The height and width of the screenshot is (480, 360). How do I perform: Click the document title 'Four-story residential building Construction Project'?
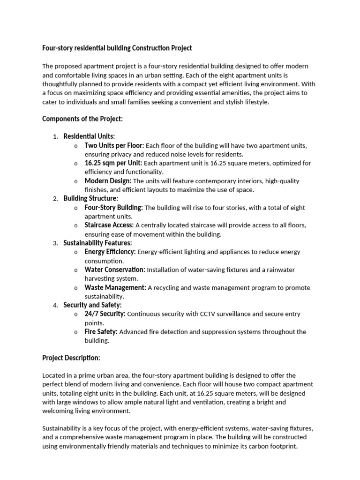117,48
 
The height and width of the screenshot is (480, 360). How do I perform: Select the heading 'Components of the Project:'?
82,119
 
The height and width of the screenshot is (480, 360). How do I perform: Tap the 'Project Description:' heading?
71,358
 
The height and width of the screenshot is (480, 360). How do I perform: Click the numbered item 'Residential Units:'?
89,136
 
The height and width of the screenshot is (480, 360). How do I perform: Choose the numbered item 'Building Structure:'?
91,198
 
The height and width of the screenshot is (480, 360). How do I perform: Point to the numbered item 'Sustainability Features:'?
97,243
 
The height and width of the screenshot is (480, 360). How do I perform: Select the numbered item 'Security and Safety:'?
92,305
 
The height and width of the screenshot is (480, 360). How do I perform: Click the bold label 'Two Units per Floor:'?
114,145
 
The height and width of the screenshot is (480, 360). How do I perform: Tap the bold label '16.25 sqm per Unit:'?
113,163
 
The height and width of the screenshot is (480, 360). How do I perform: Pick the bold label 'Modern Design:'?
108,181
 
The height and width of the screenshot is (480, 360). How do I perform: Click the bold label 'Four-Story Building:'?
114,207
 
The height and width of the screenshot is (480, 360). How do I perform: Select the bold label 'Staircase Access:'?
109,225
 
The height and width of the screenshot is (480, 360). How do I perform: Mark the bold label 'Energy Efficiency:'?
110,252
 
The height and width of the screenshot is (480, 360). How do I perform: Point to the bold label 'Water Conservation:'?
115,270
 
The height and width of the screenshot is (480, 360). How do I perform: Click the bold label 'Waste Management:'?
115,287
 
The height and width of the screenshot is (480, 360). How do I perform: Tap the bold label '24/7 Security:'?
105,314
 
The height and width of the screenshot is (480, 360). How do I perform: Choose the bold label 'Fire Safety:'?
101,331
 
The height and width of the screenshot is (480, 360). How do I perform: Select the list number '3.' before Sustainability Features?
55,243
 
